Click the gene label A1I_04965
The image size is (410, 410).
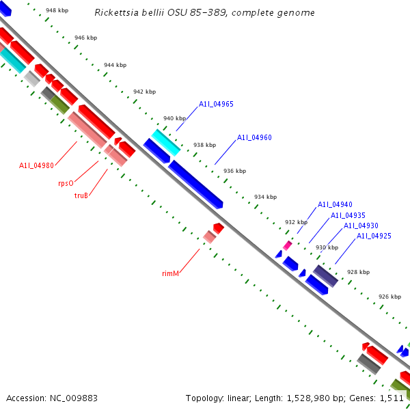[x=216, y=105]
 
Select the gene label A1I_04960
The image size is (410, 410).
[x=254, y=138]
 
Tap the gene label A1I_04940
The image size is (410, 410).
[x=335, y=205]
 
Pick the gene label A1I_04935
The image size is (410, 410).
[x=348, y=215]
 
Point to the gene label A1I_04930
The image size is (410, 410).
[x=361, y=225]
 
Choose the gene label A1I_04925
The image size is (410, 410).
[x=374, y=236]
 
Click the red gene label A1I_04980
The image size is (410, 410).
[x=36, y=165]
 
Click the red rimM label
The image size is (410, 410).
[x=171, y=273]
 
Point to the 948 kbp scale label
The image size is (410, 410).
[x=57, y=11]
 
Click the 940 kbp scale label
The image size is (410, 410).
[x=174, y=118]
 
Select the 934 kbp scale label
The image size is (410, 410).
[x=265, y=197]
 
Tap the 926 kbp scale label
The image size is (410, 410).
[x=389, y=297]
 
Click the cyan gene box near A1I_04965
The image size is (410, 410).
[x=166, y=141]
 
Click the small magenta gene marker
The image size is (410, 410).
[x=288, y=245]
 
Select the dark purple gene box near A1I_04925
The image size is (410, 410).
[x=326, y=276]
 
